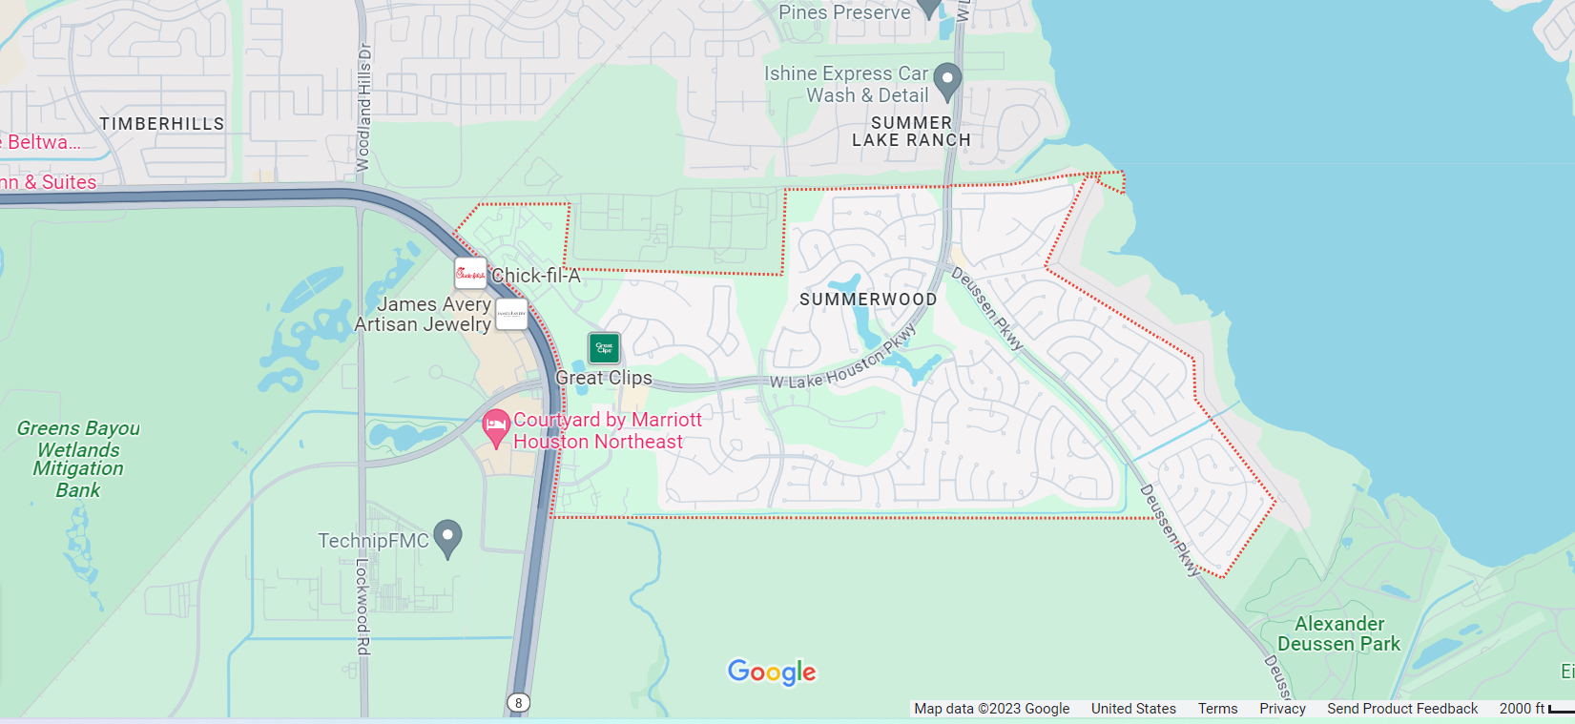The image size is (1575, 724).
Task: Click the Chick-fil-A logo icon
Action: pyautogui.click(x=470, y=274)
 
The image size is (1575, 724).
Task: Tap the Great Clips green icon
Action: pyautogui.click(x=604, y=348)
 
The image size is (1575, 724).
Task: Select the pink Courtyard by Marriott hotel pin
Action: pyautogui.click(x=495, y=427)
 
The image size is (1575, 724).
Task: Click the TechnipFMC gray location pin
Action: pyautogui.click(x=447, y=538)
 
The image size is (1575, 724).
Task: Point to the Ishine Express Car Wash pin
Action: pyautogui.click(x=946, y=81)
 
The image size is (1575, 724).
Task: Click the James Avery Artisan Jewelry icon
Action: pyautogui.click(x=512, y=314)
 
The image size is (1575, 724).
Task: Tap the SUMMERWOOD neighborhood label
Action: pyautogui.click(x=868, y=300)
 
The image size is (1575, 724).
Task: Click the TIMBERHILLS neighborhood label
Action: pyautogui.click(x=162, y=124)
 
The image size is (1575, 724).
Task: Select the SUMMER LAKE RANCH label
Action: pyautogui.click(x=911, y=132)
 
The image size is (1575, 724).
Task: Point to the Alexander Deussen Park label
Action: pyautogui.click(x=1338, y=634)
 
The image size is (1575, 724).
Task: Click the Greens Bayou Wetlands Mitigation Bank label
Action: pyautogui.click(x=78, y=459)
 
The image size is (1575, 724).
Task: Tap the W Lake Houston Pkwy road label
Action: pyautogui.click(x=842, y=361)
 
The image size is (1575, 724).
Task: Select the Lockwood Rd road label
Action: pyautogui.click(x=363, y=606)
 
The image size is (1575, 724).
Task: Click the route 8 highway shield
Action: pyautogui.click(x=518, y=703)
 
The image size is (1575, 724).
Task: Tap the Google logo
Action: pyautogui.click(x=772, y=672)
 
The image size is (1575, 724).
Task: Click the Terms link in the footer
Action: pyautogui.click(x=1217, y=709)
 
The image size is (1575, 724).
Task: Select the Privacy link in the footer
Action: pyautogui.click(x=1282, y=709)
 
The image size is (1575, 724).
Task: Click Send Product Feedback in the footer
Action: pyautogui.click(x=1401, y=709)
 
